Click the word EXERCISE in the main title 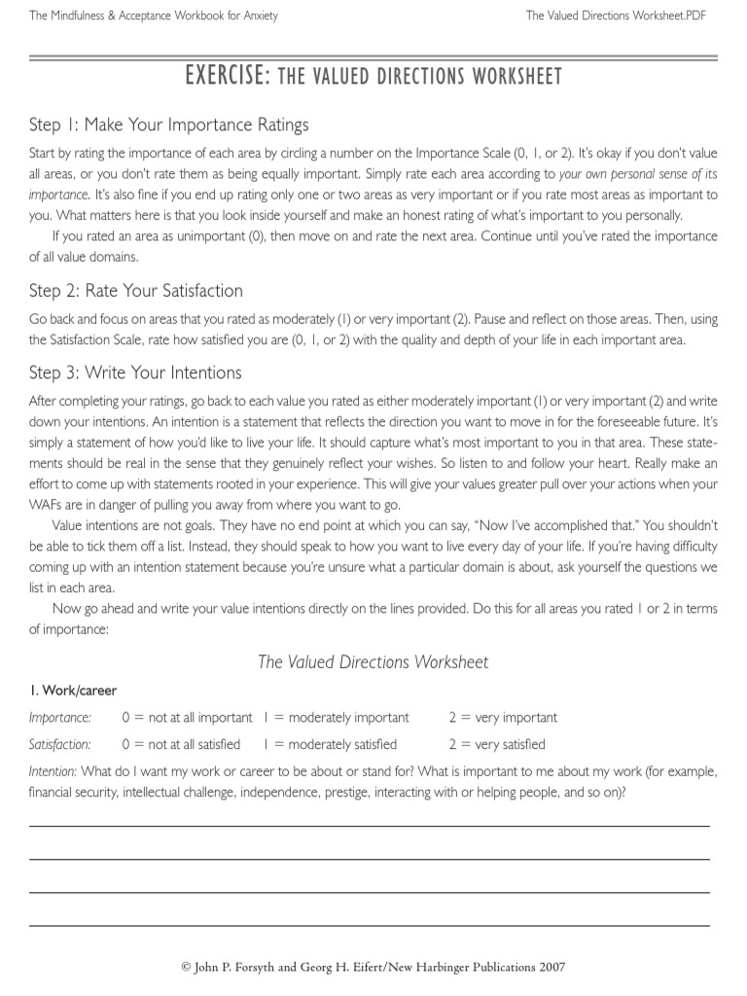coord(227,76)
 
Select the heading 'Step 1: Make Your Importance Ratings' coord(168,124)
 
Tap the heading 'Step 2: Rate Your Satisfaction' coord(135,291)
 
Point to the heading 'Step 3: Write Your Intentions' coord(135,373)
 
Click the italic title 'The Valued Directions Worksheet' coord(373,661)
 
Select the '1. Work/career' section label coord(72,691)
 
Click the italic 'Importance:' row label coord(60,718)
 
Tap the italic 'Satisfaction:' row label coord(60,745)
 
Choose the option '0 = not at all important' coord(187,718)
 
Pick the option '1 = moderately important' coord(336,718)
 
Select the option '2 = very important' coord(503,718)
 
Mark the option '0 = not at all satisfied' coord(181,745)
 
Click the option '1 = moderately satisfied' coord(330,745)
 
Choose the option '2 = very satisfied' coord(497,745)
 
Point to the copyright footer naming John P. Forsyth coord(373,967)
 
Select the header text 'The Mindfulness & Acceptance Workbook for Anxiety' coord(154,16)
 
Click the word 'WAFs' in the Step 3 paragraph coord(48,504)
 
